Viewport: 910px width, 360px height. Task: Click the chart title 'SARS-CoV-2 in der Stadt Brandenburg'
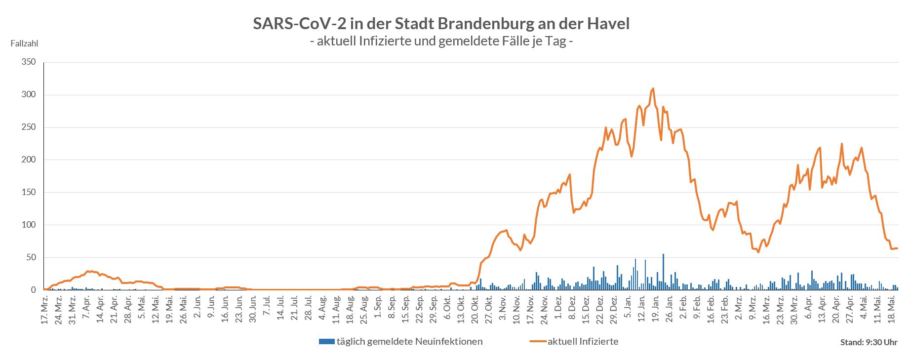pyautogui.click(x=441, y=23)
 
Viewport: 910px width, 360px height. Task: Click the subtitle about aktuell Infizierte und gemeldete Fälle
pyautogui.click(x=441, y=41)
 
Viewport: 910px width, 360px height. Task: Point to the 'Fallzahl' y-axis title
pyautogui.click(x=24, y=43)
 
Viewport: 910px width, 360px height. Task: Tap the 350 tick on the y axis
pyautogui.click(x=29, y=62)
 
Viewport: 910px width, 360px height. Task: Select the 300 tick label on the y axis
pyautogui.click(x=29, y=95)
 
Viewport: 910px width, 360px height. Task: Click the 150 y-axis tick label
pyautogui.click(x=29, y=193)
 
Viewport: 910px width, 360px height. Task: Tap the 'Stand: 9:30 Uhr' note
pyautogui.click(x=869, y=342)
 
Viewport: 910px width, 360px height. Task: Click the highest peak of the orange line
pyautogui.click(x=653, y=89)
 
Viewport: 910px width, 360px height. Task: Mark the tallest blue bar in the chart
pyautogui.click(x=663, y=272)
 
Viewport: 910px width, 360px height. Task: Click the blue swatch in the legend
pyautogui.click(x=327, y=341)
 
